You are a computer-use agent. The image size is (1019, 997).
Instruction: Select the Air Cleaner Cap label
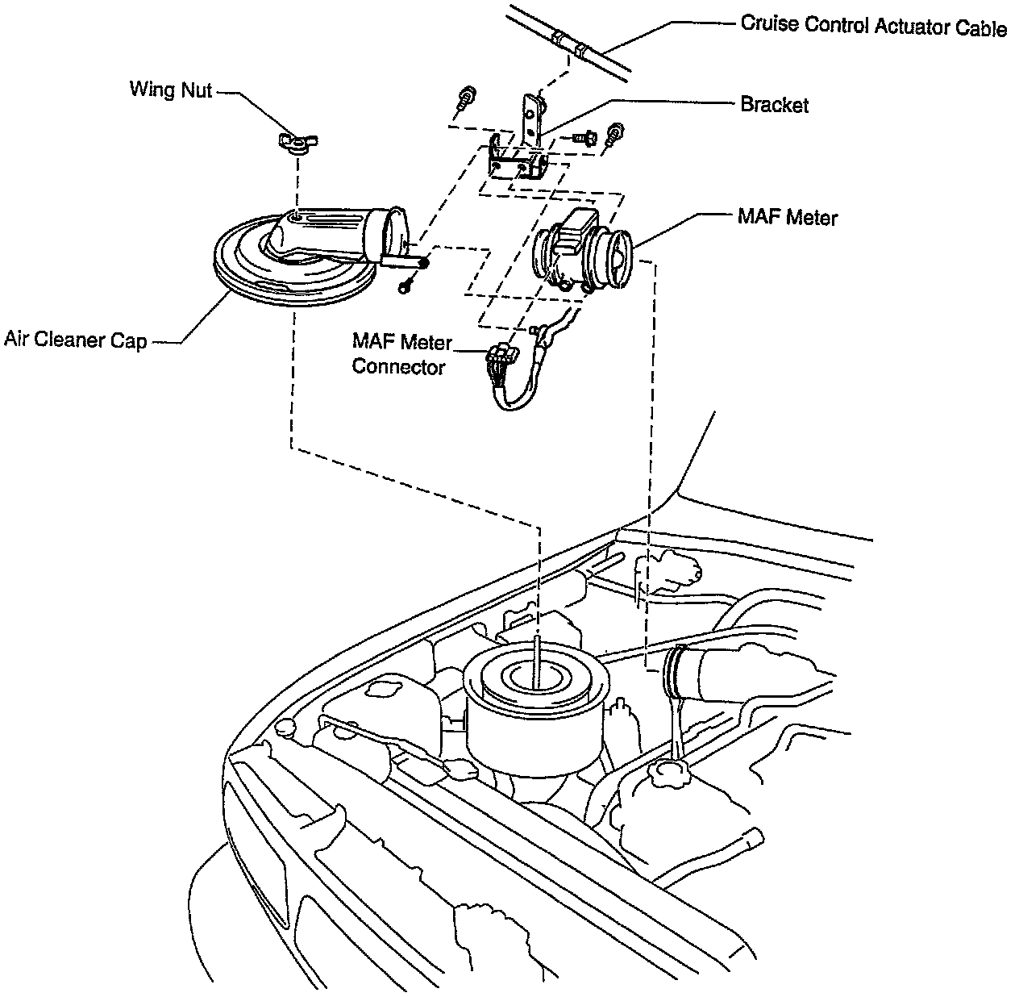click(75, 340)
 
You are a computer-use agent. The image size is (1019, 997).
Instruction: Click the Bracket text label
click(774, 104)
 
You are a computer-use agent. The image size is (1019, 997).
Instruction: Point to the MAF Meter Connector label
click(401, 354)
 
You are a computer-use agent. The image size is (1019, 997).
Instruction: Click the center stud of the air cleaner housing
click(536, 661)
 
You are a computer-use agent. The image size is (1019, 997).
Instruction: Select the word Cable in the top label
click(980, 28)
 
